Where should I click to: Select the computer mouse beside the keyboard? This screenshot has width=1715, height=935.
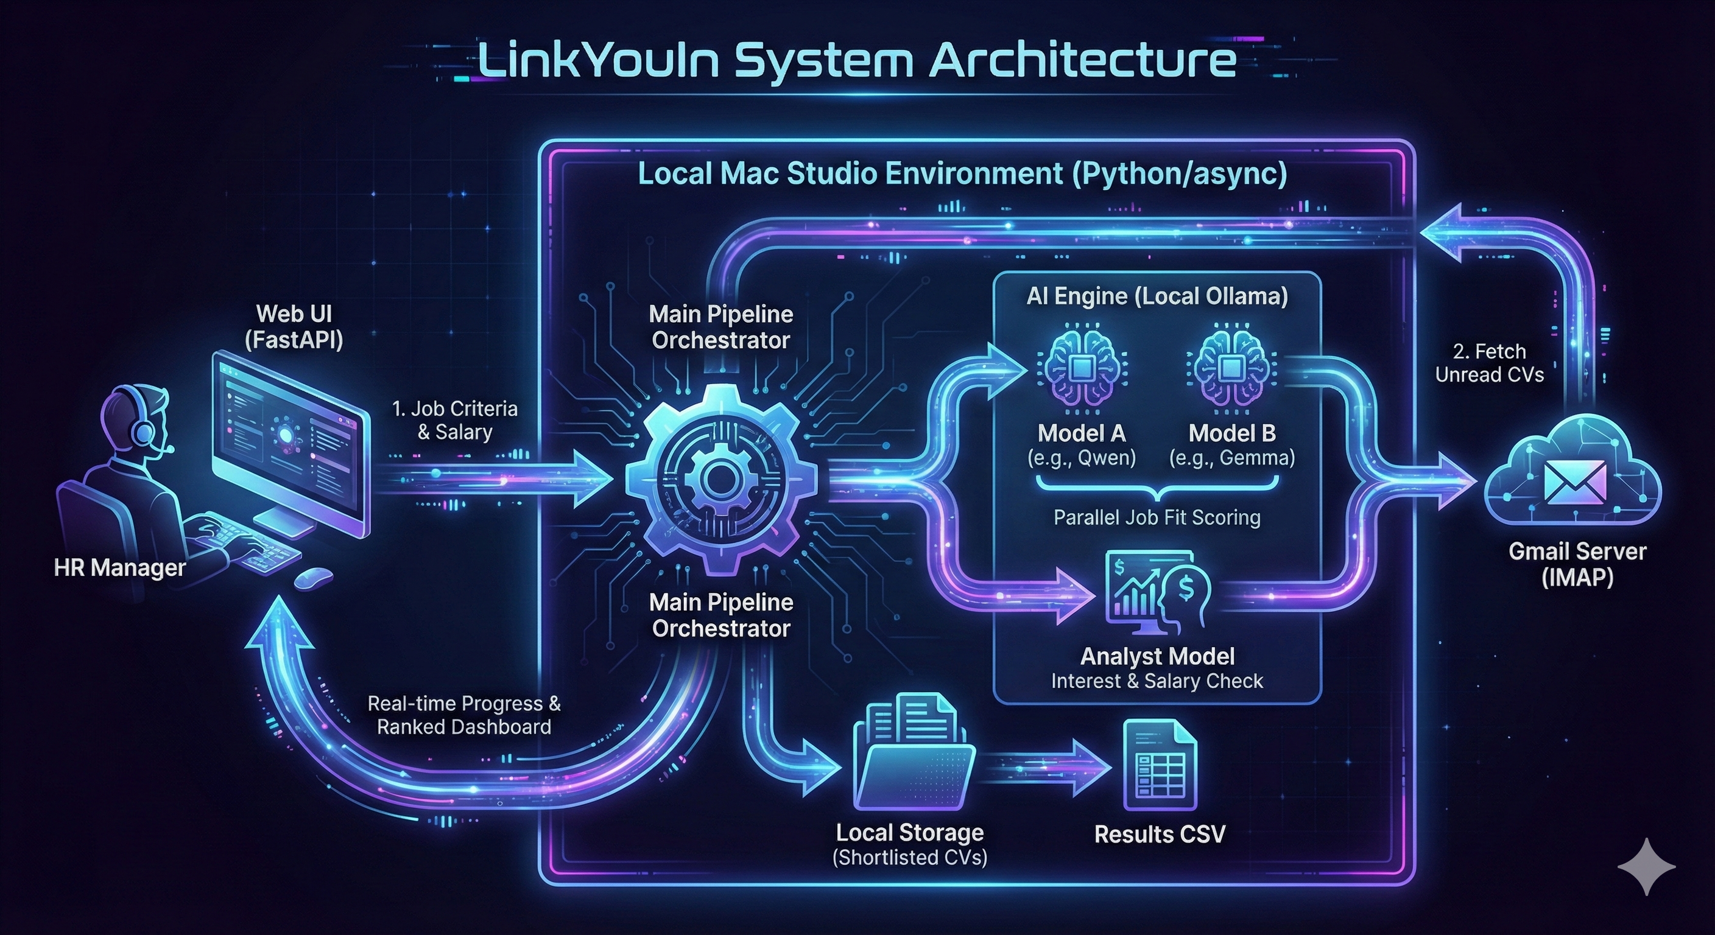pyautogui.click(x=313, y=578)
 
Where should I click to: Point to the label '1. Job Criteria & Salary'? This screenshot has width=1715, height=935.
pyautogui.click(x=455, y=420)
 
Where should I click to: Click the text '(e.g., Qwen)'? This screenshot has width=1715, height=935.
pyautogui.click(x=1081, y=458)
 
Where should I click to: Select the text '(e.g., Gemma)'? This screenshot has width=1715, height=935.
pyautogui.click(x=1231, y=458)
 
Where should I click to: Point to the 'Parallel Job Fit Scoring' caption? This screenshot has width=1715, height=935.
pyautogui.click(x=1157, y=518)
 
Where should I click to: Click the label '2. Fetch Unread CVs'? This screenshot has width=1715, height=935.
pyautogui.click(x=1489, y=363)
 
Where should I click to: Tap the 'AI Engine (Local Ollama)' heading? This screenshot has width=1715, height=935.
pyautogui.click(x=1157, y=296)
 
